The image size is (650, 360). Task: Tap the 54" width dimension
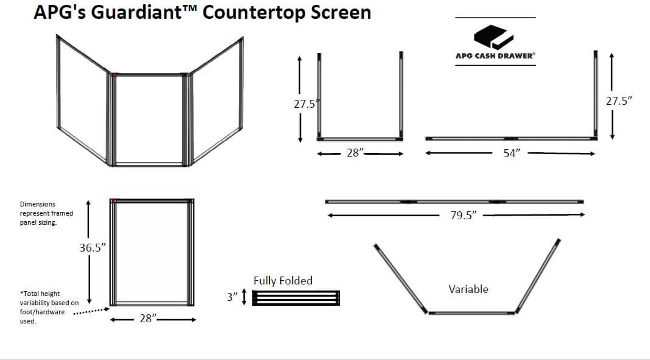click(510, 154)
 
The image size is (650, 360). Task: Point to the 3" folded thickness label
click(231, 297)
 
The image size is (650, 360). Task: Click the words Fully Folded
click(283, 281)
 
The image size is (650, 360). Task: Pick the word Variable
click(468, 289)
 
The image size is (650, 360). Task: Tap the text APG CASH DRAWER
click(495, 56)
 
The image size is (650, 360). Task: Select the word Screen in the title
click(337, 12)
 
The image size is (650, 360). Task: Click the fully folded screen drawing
click(295, 298)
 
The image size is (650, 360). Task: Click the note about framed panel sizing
click(46, 213)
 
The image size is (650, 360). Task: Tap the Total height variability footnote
click(49, 307)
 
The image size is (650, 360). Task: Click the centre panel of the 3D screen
click(149, 119)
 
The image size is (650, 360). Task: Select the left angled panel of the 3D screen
click(83, 101)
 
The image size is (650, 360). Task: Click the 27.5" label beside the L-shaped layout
click(619, 101)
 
